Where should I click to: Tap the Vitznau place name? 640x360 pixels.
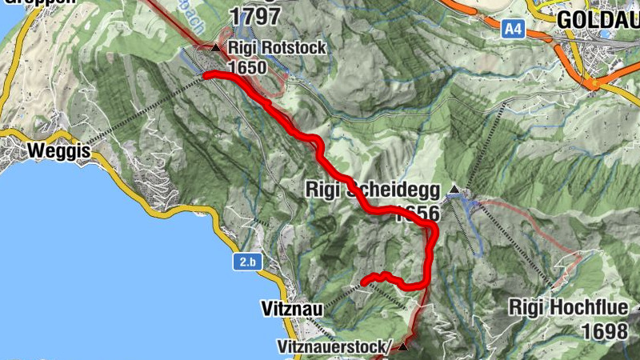pos(291,309)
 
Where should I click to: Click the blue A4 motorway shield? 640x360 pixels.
pos(513,29)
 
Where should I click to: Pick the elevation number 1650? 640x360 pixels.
pos(246,67)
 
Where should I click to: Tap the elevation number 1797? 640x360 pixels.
pos(255,16)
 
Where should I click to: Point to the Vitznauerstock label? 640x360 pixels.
pos(334,347)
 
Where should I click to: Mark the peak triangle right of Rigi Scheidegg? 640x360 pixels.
pos(454,190)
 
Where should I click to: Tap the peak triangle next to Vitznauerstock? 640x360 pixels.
pos(403,346)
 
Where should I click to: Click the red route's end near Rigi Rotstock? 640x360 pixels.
pos(206,75)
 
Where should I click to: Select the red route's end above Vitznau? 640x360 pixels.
pos(364,282)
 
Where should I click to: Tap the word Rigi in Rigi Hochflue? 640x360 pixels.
pos(527,307)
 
